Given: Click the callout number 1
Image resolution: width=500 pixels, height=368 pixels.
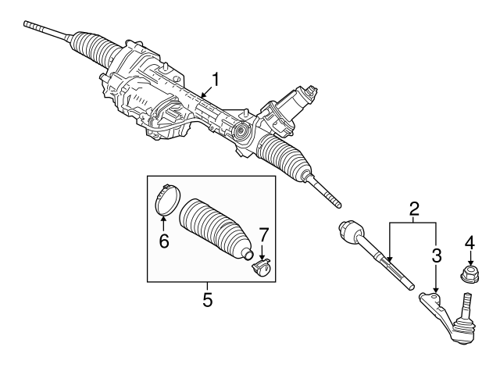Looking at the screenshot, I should (216, 79).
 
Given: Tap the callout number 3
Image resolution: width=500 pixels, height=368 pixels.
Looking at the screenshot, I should (437, 254).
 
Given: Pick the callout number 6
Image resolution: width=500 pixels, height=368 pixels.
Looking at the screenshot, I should (164, 241).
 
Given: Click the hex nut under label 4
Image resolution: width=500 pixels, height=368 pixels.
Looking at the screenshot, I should (470, 275).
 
